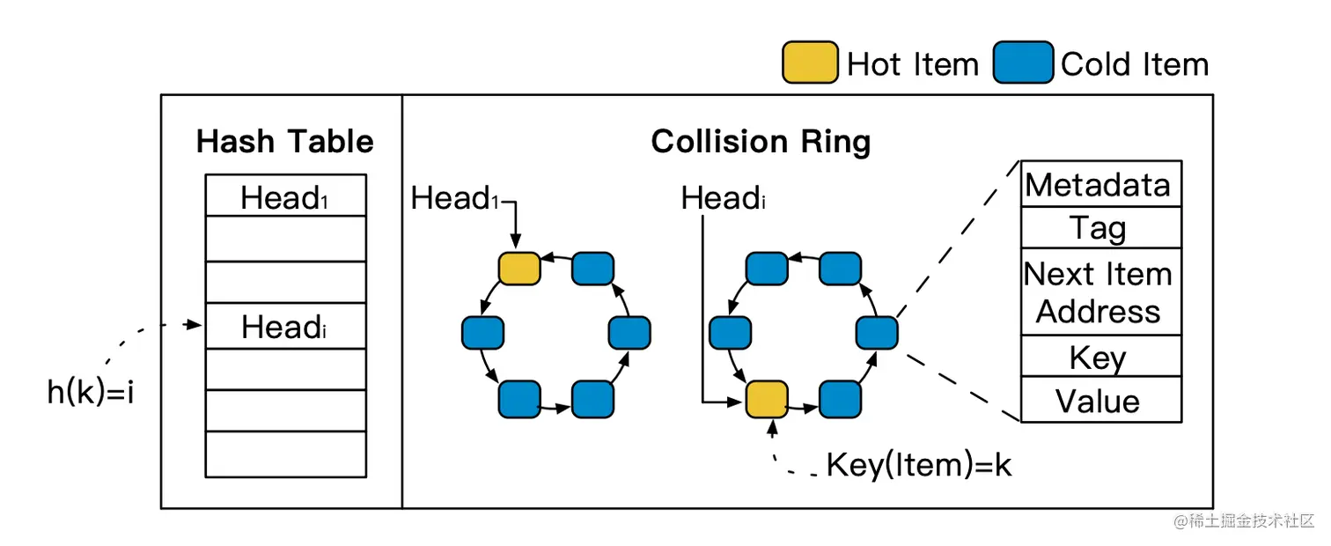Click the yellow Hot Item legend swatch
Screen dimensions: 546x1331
[810, 63]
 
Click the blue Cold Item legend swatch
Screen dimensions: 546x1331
[1023, 63]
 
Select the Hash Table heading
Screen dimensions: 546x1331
[284, 142]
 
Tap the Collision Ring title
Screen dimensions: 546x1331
[761, 142]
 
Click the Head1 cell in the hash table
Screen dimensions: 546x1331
[285, 196]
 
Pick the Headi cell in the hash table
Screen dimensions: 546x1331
[285, 327]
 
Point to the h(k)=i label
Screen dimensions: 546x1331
[90, 392]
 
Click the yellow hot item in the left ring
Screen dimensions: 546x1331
[519, 269]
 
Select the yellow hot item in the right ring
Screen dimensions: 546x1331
[767, 400]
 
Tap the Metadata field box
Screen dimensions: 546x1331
[1100, 185]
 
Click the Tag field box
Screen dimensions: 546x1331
[1100, 228]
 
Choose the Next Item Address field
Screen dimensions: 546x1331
[1100, 292]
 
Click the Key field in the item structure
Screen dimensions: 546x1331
[1100, 357]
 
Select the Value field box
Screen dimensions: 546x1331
[1100, 401]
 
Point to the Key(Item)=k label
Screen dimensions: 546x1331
[918, 465]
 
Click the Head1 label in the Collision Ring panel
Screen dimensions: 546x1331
[454, 199]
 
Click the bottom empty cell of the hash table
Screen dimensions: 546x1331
[285, 454]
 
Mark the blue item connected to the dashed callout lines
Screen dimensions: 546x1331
[877, 334]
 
